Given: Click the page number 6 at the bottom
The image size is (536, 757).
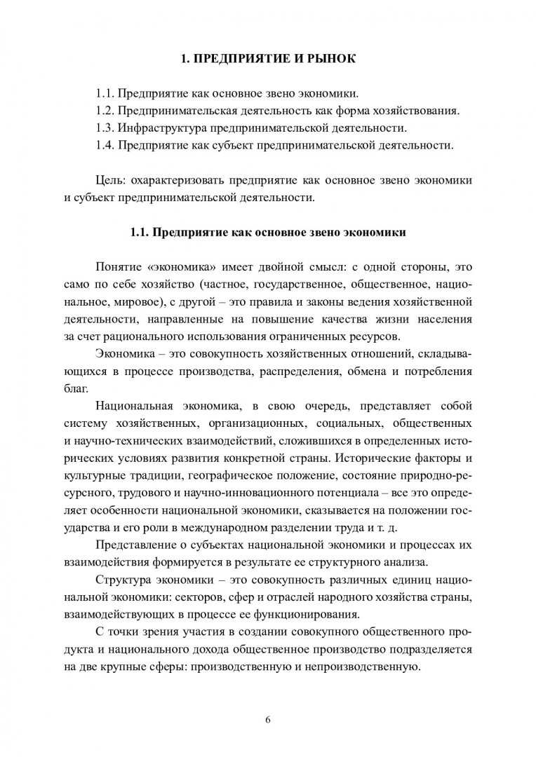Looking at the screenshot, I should pos(267,719).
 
